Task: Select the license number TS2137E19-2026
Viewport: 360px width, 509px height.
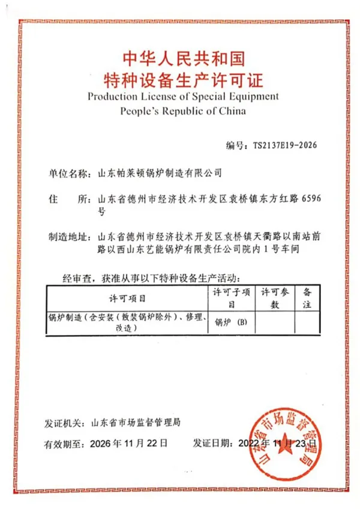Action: tap(284, 145)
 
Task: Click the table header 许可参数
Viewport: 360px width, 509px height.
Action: tap(276, 298)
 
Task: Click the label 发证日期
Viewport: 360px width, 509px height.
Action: tap(211, 444)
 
